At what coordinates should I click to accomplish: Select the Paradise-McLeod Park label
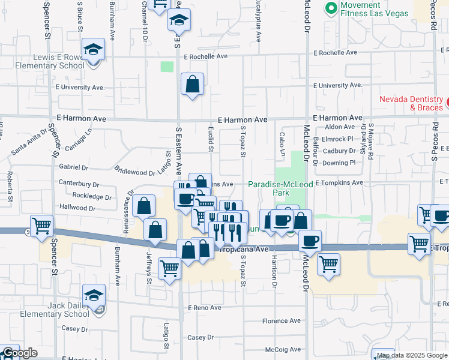tap(277, 188)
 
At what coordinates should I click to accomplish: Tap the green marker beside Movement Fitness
tap(330, 8)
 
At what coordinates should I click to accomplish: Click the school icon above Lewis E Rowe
tap(93, 49)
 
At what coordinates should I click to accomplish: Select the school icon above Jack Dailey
tap(94, 295)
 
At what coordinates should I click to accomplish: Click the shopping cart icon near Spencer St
tap(41, 226)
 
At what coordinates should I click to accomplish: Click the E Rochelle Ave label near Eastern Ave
tap(206, 56)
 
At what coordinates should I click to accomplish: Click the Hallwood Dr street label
tap(77, 208)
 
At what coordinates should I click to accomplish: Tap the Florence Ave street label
tap(281, 321)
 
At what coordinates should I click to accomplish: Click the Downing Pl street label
tap(339, 163)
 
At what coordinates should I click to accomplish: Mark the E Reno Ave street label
tap(204, 308)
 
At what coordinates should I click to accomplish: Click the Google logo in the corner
tap(20, 353)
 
